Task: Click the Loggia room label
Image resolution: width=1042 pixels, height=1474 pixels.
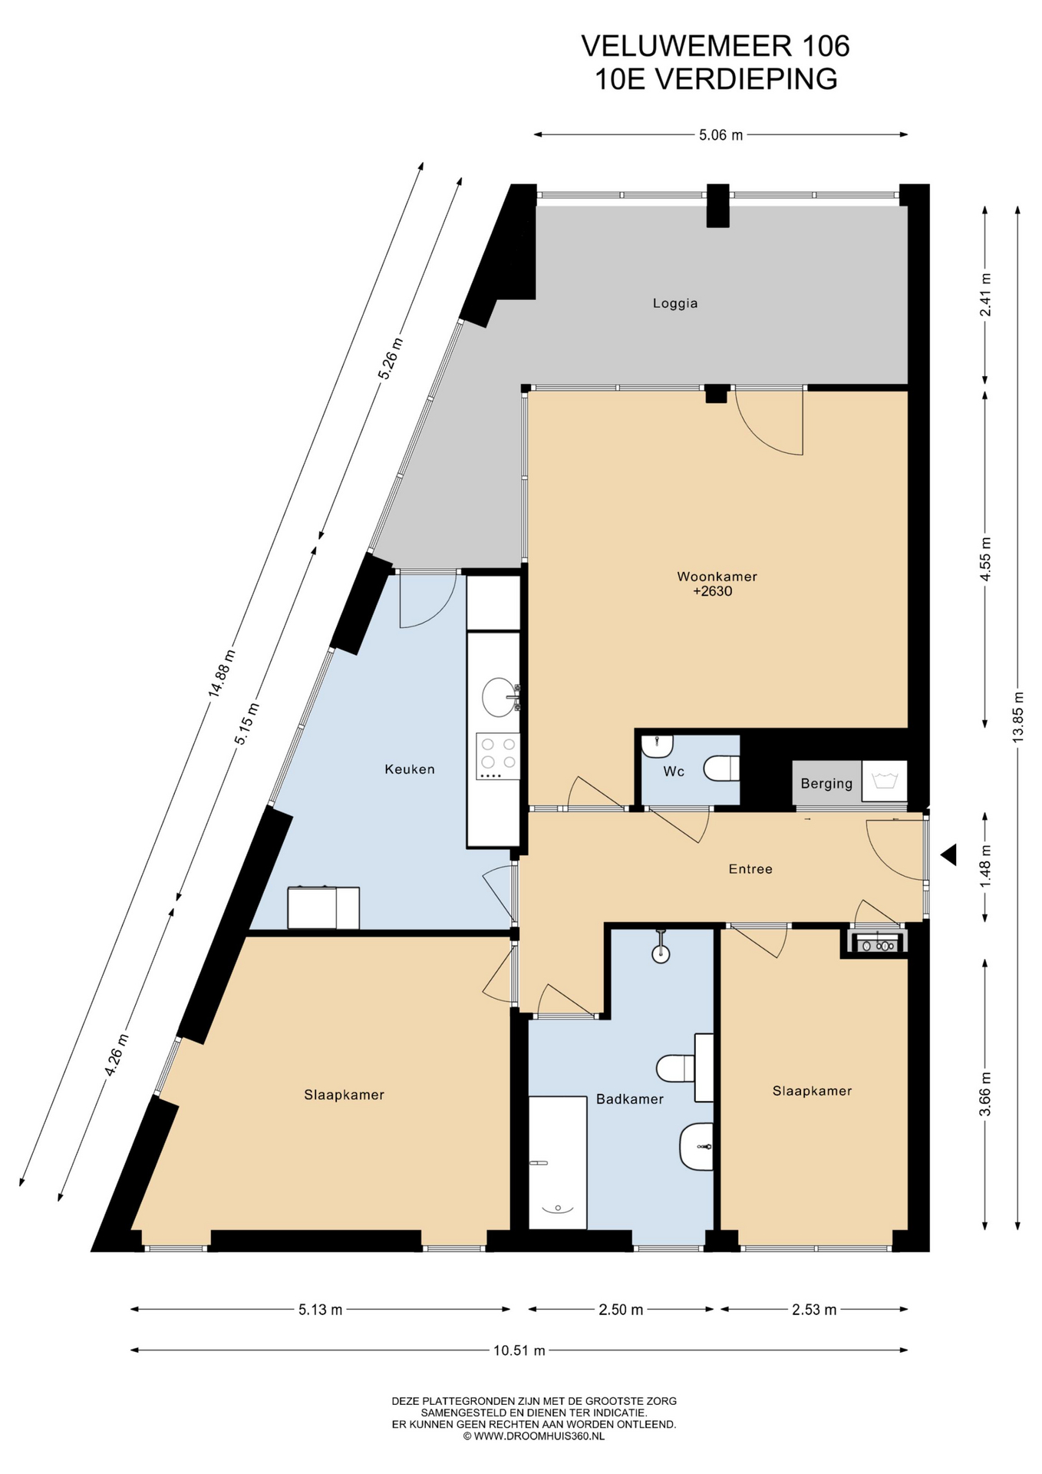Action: click(x=675, y=303)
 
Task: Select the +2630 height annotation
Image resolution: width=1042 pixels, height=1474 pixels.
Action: click(x=713, y=592)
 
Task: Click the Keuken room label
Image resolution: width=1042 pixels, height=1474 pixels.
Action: click(x=410, y=769)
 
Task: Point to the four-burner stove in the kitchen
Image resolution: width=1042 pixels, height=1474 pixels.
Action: click(x=498, y=756)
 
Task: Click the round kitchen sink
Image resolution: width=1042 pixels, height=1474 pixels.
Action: click(x=499, y=697)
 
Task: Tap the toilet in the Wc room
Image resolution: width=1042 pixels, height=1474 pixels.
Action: click(x=722, y=768)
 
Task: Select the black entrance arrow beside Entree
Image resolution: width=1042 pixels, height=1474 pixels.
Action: click(x=949, y=854)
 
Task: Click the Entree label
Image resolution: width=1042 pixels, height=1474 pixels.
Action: click(x=750, y=869)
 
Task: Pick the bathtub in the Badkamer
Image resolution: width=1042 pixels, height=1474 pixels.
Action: click(x=558, y=1162)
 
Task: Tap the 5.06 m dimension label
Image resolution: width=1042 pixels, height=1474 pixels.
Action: click(x=720, y=135)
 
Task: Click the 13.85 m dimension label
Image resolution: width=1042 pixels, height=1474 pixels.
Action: click(x=1018, y=716)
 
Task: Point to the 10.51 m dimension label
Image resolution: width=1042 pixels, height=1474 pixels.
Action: click(x=519, y=1350)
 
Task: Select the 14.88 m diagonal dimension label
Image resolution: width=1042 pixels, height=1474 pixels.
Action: click(x=222, y=673)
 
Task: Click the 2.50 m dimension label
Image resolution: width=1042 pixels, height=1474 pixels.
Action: click(x=621, y=1310)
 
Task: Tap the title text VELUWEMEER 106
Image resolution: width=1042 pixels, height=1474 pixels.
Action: click(x=715, y=46)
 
